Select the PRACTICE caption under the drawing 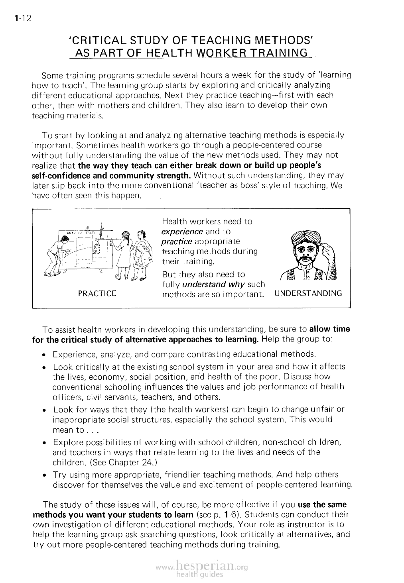[x=97, y=294]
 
